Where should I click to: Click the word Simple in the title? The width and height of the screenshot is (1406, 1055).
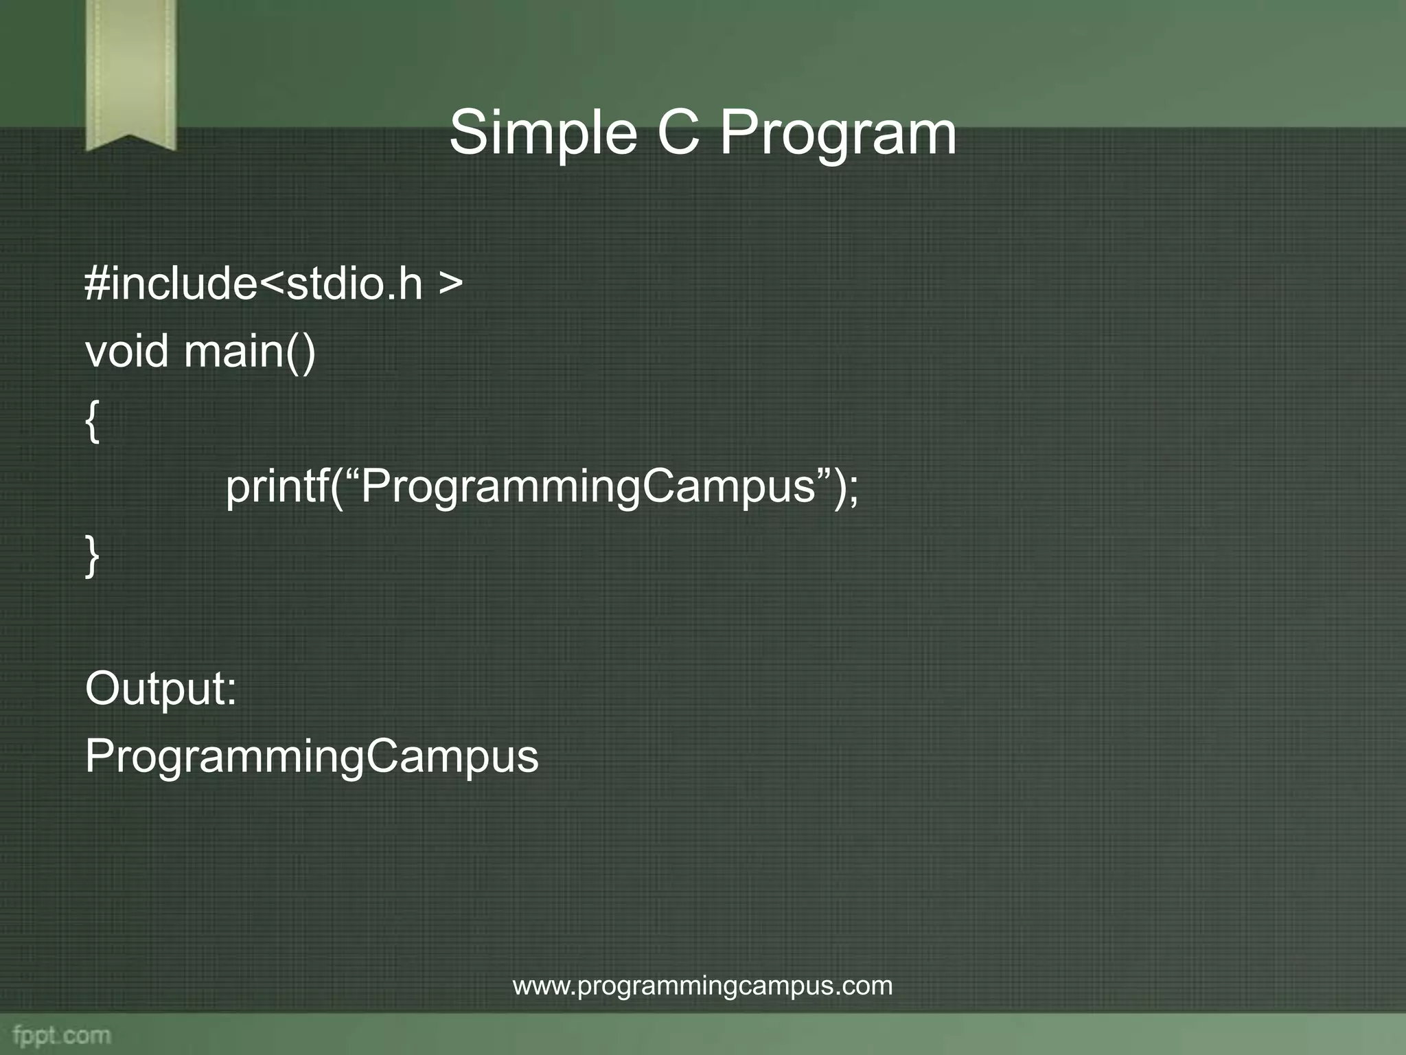[542, 134]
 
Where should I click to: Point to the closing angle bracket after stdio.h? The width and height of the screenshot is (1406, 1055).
[450, 284]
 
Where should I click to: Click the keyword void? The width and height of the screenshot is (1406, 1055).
[126, 351]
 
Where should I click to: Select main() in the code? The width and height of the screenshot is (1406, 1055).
[250, 352]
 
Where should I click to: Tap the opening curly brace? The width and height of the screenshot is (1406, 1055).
[93, 421]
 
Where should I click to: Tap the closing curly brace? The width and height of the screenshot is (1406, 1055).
[93, 556]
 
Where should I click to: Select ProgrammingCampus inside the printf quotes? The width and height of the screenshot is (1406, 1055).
[587, 488]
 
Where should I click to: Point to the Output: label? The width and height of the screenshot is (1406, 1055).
[161, 689]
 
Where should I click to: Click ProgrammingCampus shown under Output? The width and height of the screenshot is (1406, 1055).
[312, 758]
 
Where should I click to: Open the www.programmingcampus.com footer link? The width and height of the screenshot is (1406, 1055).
[702, 986]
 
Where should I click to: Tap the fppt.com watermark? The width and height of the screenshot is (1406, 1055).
[62, 1035]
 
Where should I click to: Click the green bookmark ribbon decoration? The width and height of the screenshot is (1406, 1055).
[130, 69]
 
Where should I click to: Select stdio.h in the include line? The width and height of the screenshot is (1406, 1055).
[354, 283]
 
